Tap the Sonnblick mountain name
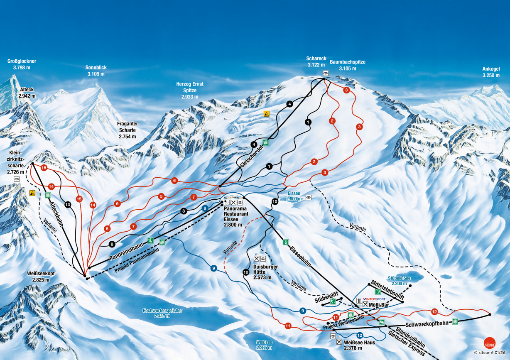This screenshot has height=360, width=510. click(x=96, y=70)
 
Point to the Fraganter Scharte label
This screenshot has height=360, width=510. click(x=128, y=130)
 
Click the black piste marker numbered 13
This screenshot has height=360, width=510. click(x=68, y=204)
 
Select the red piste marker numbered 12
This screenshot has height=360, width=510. click(x=434, y=311)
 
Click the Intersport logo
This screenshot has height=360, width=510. click(x=374, y=299)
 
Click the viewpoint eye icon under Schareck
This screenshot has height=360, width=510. click(x=326, y=73)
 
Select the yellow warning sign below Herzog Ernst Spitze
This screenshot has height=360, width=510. click(x=267, y=113)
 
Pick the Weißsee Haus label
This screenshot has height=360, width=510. click(x=360, y=345)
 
